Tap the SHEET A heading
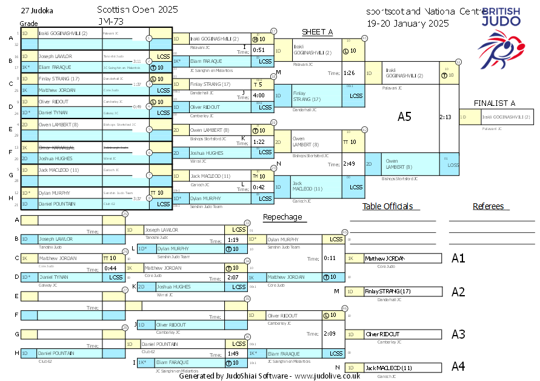[x=318, y=32]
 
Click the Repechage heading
[x=282, y=217]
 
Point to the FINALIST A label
[x=495, y=103]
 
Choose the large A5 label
[x=404, y=117]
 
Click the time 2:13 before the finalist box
[x=445, y=117]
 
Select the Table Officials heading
[x=387, y=206]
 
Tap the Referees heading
[x=488, y=206]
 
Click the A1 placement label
[x=458, y=259]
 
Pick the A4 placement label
[x=458, y=366]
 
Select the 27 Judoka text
[x=36, y=11]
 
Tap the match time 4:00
[x=259, y=95]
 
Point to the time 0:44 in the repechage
[x=110, y=268]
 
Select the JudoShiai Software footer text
[x=270, y=376]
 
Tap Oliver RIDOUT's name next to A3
[x=382, y=334]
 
